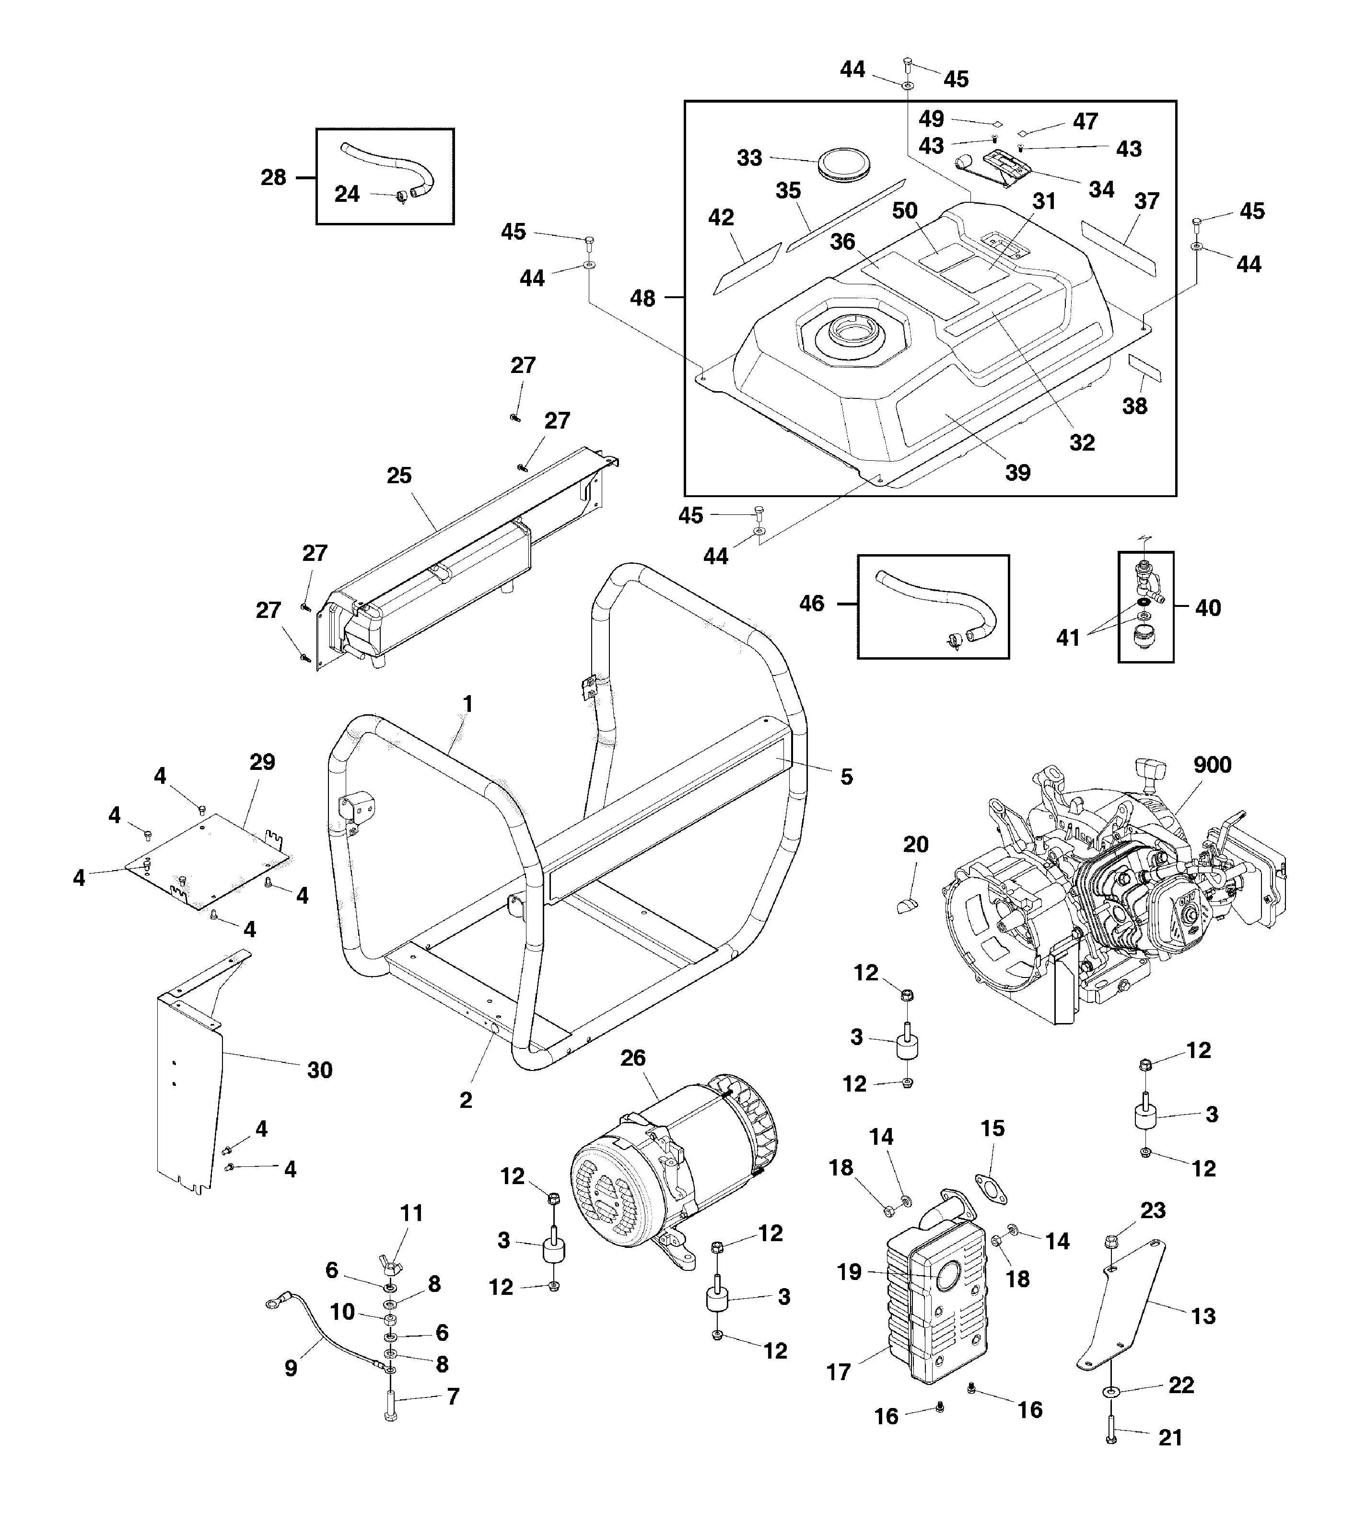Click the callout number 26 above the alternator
[633, 1057]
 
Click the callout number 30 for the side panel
[320, 1070]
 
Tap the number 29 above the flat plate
[262, 762]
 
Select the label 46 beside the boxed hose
[811, 603]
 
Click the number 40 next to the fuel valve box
[1208, 608]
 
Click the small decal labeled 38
[1144, 369]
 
